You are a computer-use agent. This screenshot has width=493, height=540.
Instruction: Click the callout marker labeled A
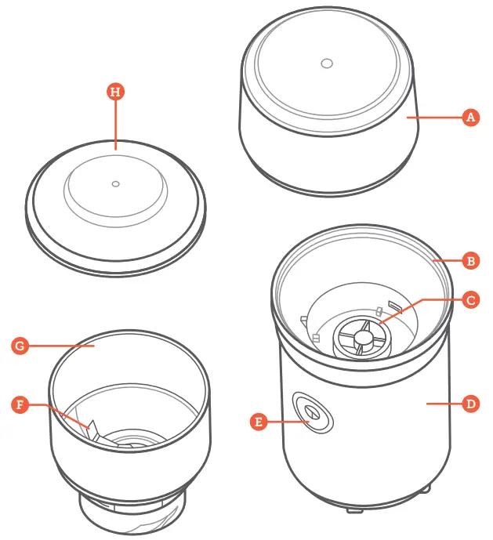(470, 118)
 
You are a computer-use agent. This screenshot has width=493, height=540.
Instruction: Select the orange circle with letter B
(470, 260)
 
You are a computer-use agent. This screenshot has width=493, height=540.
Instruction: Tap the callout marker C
(470, 299)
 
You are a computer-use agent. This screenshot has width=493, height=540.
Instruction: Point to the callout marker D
(470, 404)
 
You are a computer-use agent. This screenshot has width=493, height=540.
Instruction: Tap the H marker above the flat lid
(116, 92)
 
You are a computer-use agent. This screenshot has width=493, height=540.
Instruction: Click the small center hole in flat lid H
(115, 183)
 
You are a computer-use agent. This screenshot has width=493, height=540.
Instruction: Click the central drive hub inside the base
(363, 337)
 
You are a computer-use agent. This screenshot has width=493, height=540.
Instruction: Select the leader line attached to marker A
(435, 118)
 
